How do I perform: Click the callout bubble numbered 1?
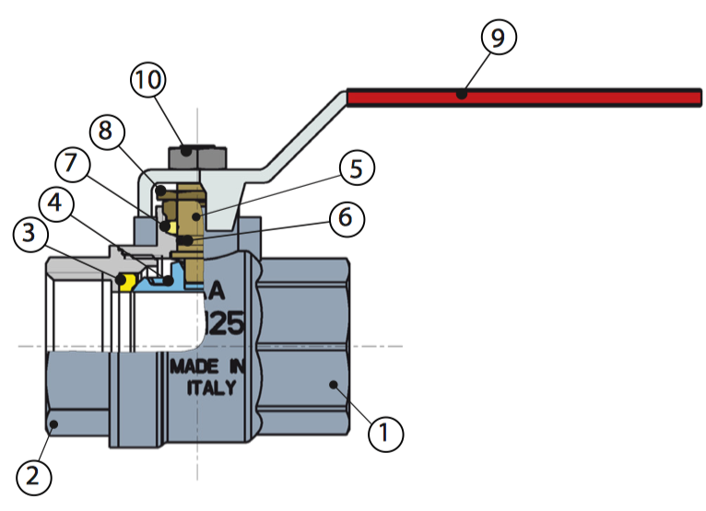(x=385, y=432)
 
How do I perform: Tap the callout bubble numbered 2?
(x=33, y=475)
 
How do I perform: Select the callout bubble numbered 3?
(x=32, y=237)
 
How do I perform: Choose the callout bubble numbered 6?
(x=346, y=218)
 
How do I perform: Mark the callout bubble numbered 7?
(x=72, y=166)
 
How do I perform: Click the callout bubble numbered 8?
(x=107, y=132)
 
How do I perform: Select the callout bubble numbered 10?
(x=148, y=80)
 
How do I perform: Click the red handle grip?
(x=525, y=96)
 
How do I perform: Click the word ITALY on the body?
(x=212, y=388)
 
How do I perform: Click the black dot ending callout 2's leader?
(x=53, y=424)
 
